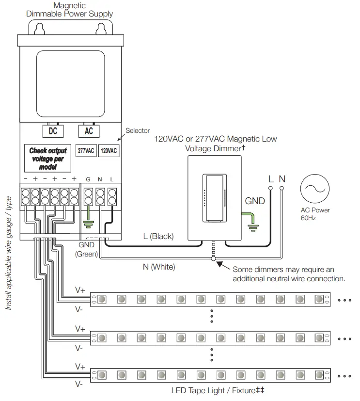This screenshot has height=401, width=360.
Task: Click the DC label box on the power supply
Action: (52, 130)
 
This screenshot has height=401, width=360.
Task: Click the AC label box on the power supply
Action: (89, 130)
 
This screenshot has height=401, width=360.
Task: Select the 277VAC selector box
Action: (86, 151)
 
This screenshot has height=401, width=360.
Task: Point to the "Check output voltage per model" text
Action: (48, 159)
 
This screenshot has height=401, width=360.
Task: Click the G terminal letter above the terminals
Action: (88, 179)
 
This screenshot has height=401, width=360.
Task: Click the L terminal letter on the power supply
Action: (112, 179)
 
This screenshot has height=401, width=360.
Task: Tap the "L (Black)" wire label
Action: (158, 237)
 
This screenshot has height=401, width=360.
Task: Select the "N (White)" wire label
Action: (158, 267)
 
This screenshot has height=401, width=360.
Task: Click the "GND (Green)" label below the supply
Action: (86, 250)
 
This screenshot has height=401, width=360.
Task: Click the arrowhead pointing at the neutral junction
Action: (220, 264)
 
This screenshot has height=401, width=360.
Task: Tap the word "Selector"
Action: (138, 130)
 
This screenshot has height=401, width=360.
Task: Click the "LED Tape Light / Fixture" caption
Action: (218, 390)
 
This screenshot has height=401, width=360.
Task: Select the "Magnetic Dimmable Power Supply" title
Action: (69, 9)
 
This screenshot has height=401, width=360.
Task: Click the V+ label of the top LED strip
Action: (80, 290)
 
